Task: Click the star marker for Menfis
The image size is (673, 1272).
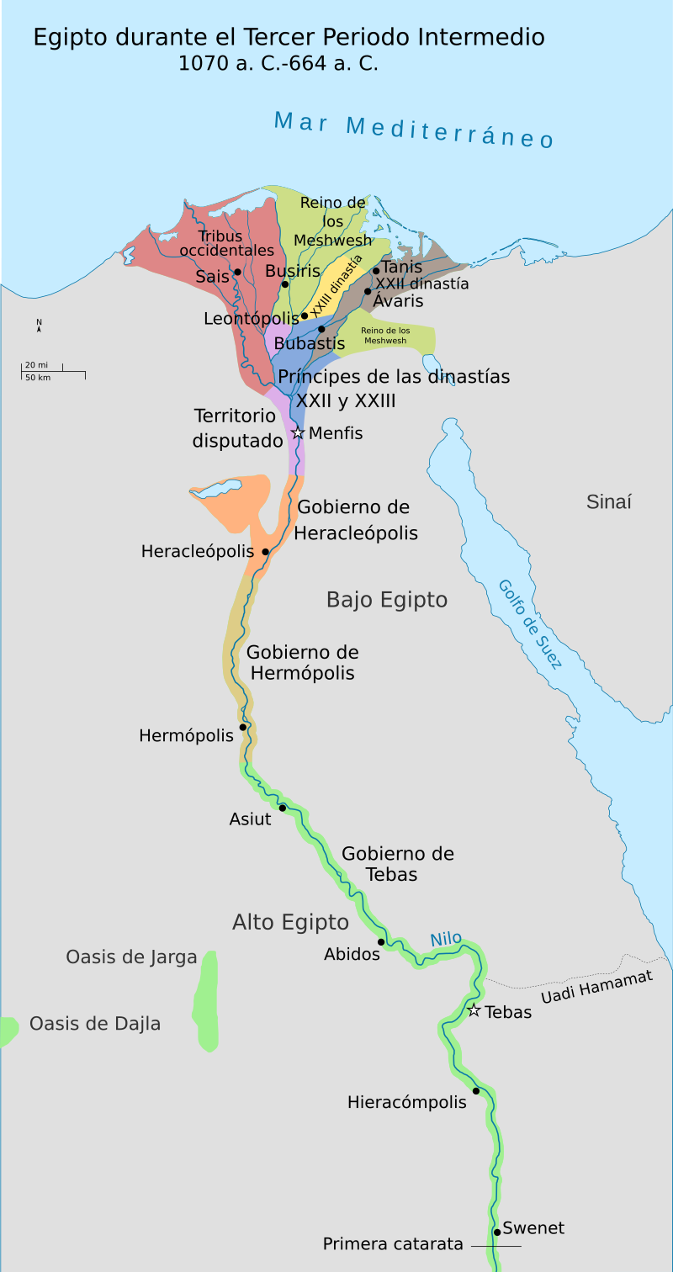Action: (297, 433)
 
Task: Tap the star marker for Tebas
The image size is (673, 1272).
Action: (474, 1010)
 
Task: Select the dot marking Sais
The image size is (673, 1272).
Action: (238, 272)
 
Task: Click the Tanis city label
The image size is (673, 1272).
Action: (402, 267)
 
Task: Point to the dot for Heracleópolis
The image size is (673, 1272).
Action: (266, 552)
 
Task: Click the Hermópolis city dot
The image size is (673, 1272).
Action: (243, 727)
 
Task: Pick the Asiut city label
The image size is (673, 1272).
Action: (250, 819)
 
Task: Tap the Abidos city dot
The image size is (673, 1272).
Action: (381, 941)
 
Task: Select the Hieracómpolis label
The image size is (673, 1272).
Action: (406, 1102)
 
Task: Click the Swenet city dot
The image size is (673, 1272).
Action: (497, 1232)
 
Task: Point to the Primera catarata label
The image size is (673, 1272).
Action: (393, 1244)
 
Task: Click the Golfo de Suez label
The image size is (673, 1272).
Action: (529, 624)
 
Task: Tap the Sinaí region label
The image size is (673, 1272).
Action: (608, 502)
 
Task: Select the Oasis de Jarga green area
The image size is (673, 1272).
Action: (206, 1001)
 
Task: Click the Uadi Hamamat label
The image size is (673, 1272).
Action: (596, 987)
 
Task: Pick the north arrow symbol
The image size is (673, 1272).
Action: (39, 326)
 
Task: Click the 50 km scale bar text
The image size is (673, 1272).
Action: (37, 377)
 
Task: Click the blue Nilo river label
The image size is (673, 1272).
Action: (446, 939)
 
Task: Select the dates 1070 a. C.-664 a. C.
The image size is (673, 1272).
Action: (278, 63)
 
